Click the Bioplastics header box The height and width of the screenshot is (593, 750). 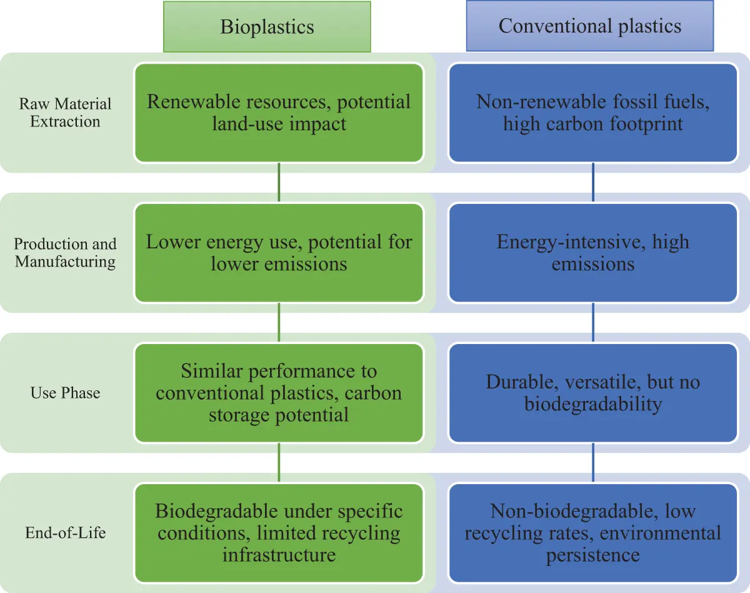click(267, 26)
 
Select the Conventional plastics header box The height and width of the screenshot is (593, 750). click(589, 26)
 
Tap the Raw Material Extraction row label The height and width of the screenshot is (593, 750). click(65, 113)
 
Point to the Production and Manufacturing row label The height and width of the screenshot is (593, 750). click(65, 253)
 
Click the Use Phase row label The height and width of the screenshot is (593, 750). click(65, 393)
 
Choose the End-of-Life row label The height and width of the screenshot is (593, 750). click(65, 533)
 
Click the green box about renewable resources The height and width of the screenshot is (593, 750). click(279, 113)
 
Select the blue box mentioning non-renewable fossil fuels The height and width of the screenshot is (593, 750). click(592, 113)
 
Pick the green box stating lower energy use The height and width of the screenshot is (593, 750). click(279, 253)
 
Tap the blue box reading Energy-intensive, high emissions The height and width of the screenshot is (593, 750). click(592, 253)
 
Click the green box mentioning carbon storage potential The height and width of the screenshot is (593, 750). click(279, 393)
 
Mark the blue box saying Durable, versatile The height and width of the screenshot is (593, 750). click(592, 393)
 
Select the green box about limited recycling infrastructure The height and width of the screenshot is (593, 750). click(279, 533)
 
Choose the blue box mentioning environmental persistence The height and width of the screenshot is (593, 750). click(592, 533)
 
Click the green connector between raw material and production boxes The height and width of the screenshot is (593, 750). click(279, 183)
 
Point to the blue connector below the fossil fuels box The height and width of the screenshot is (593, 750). click(592, 183)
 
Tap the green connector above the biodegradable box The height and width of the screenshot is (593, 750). click(279, 463)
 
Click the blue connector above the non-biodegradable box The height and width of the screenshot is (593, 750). click(592, 463)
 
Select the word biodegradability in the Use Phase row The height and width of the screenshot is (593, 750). click(592, 404)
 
